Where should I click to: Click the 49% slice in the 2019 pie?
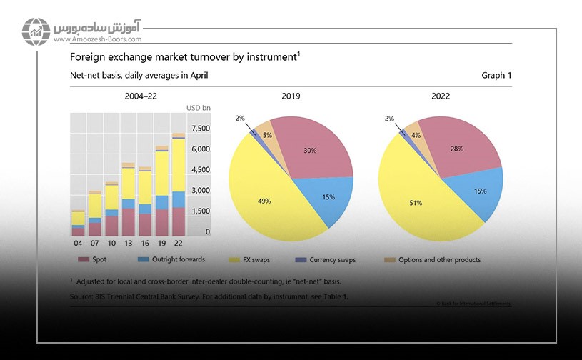tap(264, 201)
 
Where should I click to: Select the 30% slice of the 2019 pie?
tap(308, 151)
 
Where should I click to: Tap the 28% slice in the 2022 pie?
tap(457, 149)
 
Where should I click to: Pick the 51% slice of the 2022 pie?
tap(416, 203)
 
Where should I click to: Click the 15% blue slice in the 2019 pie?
tap(328, 196)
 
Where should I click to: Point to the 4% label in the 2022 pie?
tap(416, 134)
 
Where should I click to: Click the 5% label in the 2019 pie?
tap(267, 135)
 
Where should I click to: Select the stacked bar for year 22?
tap(178, 185)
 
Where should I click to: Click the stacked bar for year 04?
tap(78, 223)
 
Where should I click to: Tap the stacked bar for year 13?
tap(128, 200)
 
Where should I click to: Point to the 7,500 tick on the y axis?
tap(201, 129)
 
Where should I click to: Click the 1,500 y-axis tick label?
tap(201, 211)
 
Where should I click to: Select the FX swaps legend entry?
tap(254, 260)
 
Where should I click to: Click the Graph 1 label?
tap(496, 75)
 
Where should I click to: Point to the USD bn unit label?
tap(198, 109)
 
